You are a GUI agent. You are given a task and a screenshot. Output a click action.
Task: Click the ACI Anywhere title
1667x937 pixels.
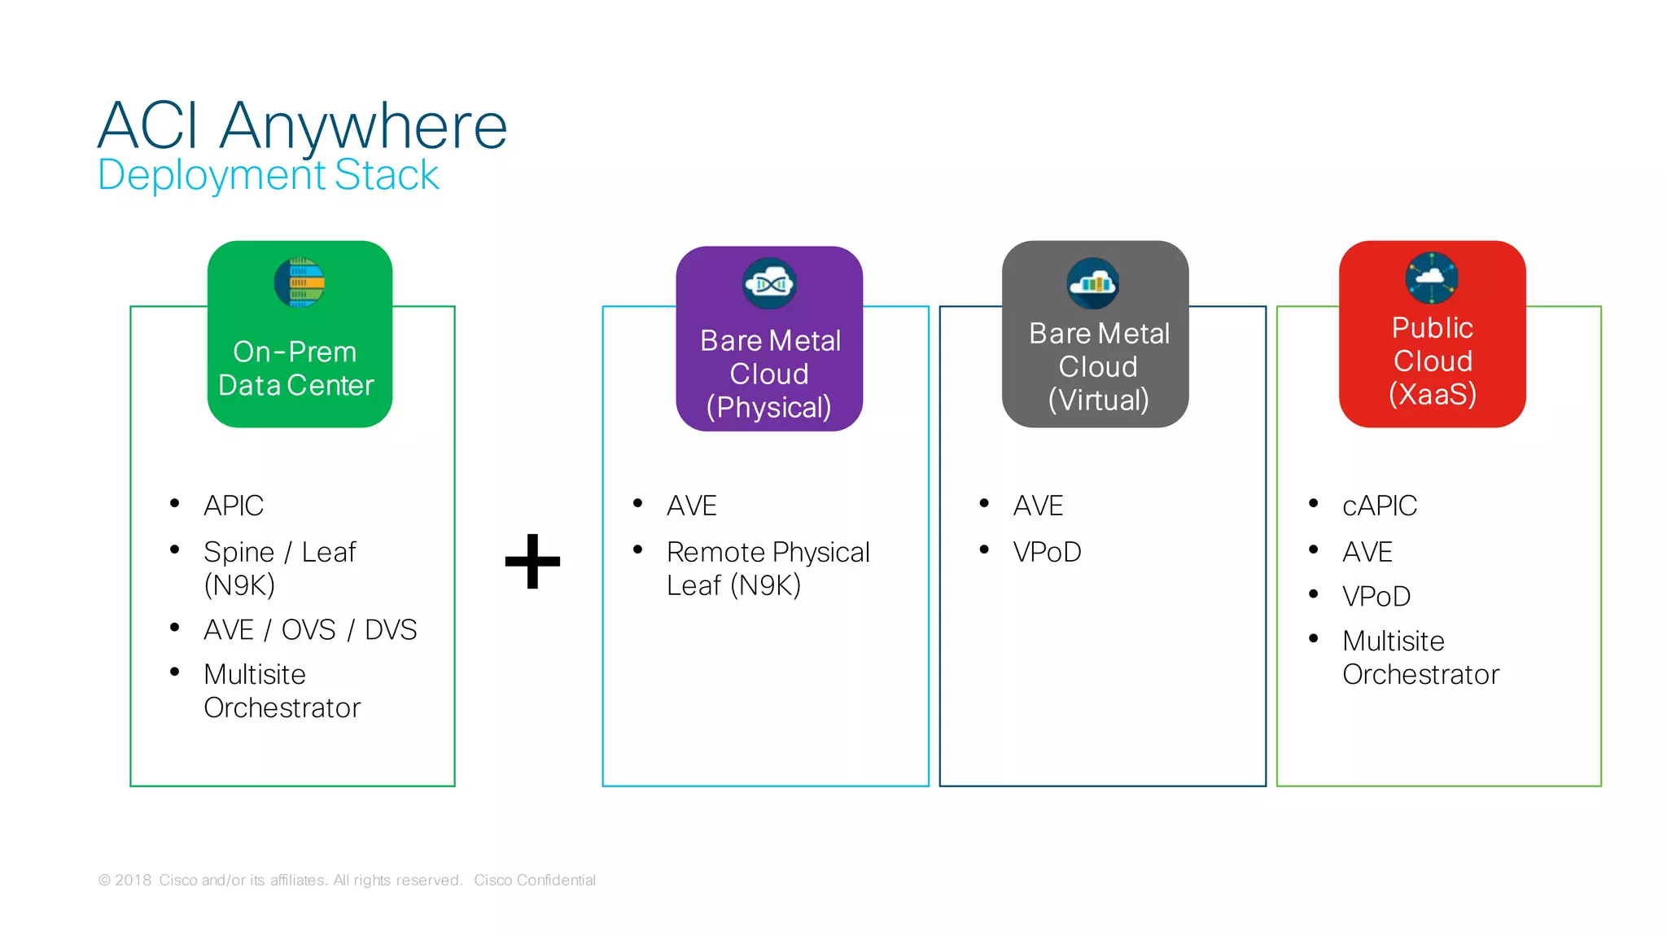302,126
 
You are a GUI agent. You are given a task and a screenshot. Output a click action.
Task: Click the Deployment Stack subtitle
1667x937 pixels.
268,175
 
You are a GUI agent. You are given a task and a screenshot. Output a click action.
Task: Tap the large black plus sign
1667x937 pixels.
532,561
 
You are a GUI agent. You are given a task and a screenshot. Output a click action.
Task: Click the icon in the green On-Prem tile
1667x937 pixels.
300,282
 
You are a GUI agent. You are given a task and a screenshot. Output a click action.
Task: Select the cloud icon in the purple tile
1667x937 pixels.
769,283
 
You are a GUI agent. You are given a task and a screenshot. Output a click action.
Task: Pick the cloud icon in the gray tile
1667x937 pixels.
1093,283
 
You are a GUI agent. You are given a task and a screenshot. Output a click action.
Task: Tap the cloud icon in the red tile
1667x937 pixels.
1431,278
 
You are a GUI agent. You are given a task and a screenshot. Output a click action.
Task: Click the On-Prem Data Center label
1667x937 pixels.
296,369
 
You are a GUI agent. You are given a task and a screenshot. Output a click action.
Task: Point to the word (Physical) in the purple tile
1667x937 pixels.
768,407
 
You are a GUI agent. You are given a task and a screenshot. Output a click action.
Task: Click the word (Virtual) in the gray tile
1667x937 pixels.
1098,400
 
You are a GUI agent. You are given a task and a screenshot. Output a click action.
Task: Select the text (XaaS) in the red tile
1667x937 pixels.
1432,394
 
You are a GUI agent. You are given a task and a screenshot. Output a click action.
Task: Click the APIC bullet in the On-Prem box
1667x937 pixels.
234,506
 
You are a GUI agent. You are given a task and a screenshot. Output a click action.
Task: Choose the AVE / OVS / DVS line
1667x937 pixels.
310,629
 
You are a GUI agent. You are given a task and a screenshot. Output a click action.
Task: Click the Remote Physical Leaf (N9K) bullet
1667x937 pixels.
768,568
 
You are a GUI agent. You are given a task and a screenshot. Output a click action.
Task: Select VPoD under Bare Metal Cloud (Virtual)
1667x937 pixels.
1047,552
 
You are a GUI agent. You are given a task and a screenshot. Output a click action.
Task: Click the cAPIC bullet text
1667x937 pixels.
1379,506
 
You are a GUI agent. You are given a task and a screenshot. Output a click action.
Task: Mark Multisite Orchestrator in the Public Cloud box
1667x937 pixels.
1420,658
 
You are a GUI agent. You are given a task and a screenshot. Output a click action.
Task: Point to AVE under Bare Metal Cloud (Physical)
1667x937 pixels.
691,506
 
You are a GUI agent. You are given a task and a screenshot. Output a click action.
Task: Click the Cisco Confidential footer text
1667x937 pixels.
535,880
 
